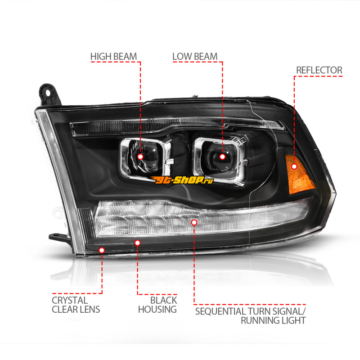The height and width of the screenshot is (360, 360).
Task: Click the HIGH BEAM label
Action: [113, 57]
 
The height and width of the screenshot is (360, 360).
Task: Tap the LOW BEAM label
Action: [195, 57]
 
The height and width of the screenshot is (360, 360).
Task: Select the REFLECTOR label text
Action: [319, 70]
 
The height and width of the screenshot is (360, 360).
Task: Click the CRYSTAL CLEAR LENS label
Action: [76, 305]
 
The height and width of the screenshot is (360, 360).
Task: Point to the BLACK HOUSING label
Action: [157, 305]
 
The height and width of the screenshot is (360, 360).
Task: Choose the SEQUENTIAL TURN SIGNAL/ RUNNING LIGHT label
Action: [251, 316]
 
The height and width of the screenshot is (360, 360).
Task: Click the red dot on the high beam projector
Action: [140, 157]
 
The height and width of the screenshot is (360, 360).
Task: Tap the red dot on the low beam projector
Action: [222, 157]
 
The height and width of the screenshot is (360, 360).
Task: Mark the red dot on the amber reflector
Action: [294, 166]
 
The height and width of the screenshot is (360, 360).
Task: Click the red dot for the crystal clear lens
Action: [102, 250]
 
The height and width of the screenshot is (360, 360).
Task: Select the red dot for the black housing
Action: [137, 243]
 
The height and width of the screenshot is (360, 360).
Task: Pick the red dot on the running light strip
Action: [194, 222]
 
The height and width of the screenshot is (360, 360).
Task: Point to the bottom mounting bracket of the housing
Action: [58, 238]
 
